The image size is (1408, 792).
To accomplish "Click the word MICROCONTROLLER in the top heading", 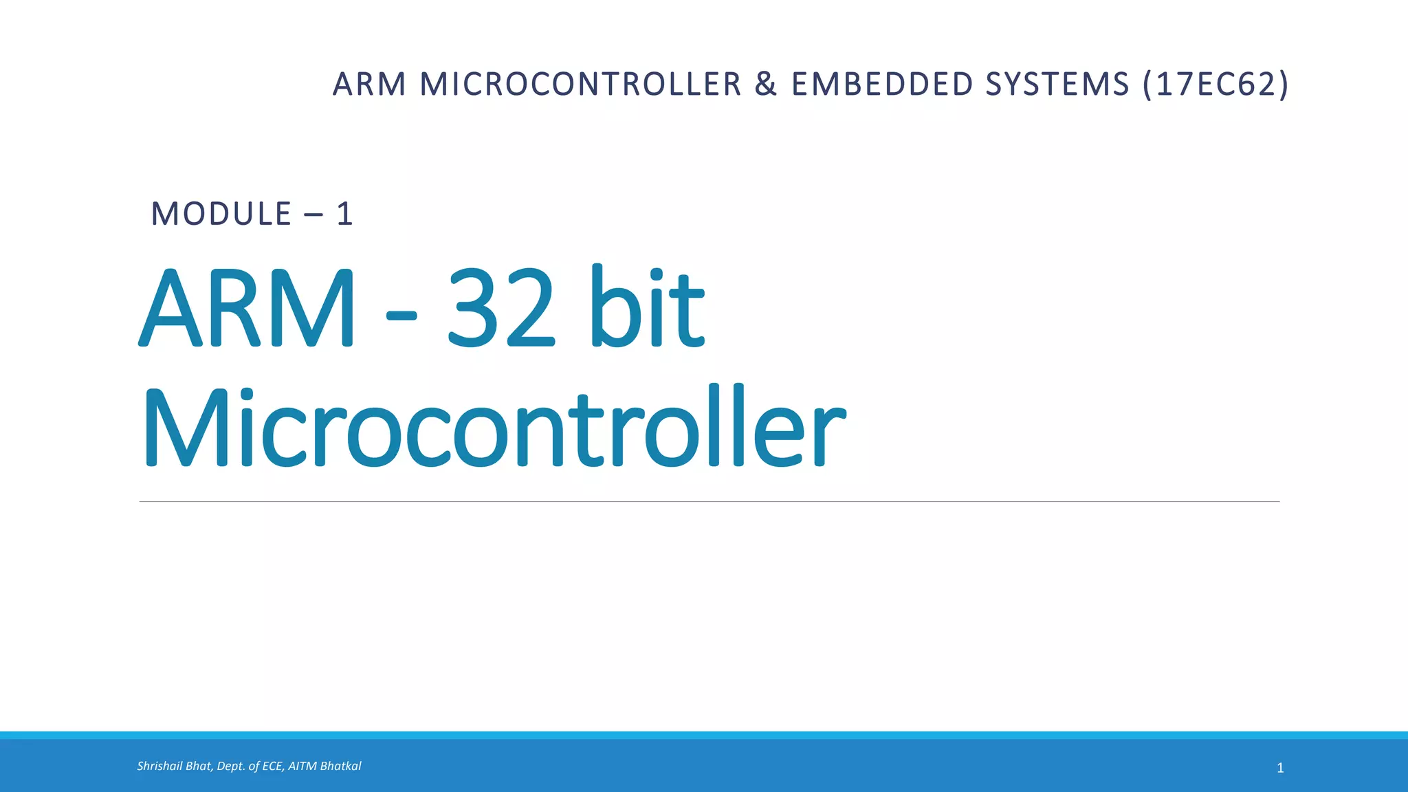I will [580, 85].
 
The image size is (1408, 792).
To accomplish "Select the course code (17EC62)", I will [1215, 85].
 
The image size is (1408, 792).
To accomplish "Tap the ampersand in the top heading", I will [766, 85].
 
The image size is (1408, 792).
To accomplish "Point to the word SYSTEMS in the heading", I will [1057, 85].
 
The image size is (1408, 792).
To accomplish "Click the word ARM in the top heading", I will [369, 85].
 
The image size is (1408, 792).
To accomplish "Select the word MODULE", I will [221, 214].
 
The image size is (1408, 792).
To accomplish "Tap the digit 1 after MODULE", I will [344, 214].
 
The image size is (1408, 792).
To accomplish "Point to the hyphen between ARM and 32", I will [401, 316].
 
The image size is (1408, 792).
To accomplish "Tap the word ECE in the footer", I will [272, 766].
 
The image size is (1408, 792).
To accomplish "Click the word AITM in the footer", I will [302, 766].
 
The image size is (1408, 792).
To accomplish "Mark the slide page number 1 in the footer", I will [1280, 768].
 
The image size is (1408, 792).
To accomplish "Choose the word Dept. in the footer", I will [230, 766].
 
